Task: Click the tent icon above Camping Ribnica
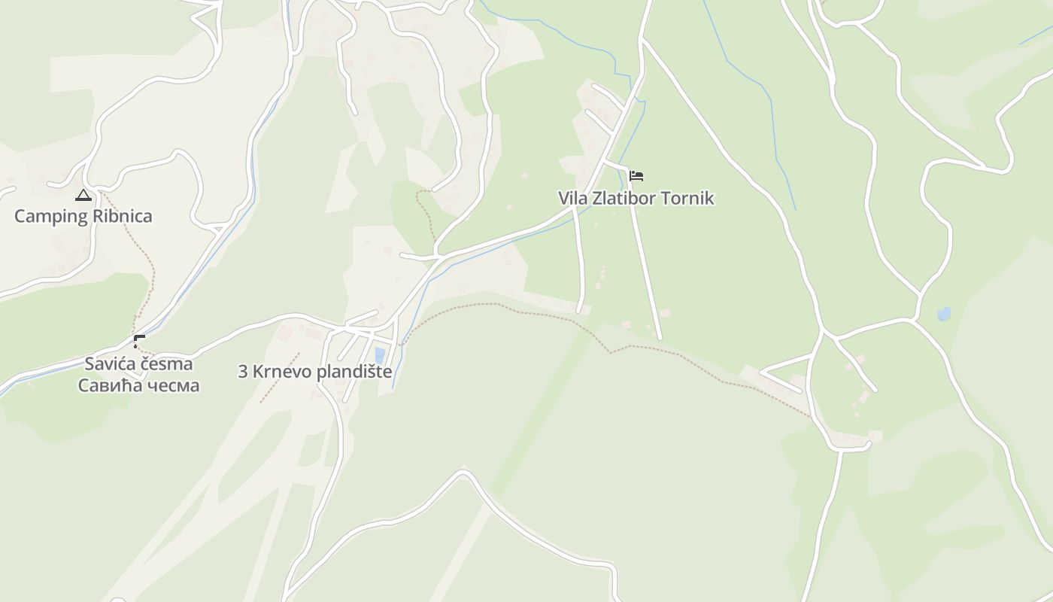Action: coord(83,196)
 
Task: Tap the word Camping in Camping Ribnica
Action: coord(50,217)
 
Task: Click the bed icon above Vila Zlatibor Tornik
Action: coord(636,177)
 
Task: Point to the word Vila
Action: coord(571,199)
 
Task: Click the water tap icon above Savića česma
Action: coord(138,342)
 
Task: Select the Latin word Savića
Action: coord(110,364)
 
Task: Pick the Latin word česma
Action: coord(166,364)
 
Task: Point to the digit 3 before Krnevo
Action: coord(243,372)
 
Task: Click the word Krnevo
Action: coord(279,372)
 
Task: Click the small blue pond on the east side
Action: coord(943,314)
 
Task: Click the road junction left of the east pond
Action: coord(914,321)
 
